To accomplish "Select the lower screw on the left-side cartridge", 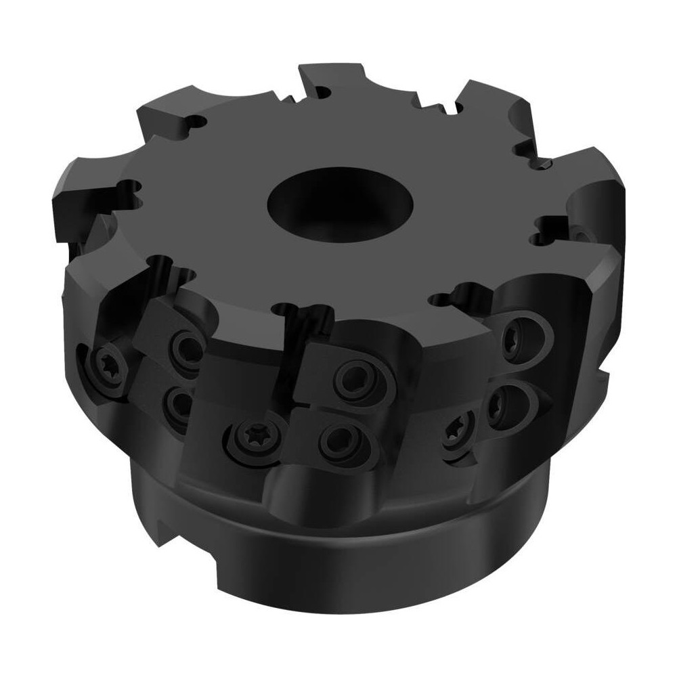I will (177, 403).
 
